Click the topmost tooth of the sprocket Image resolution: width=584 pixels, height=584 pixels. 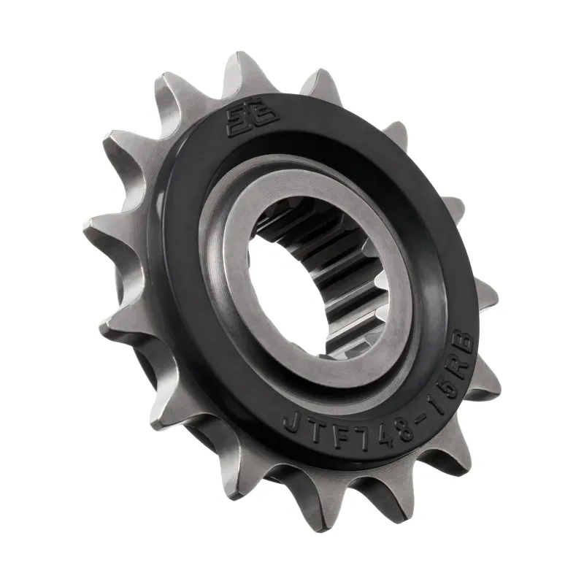coord(241,69)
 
